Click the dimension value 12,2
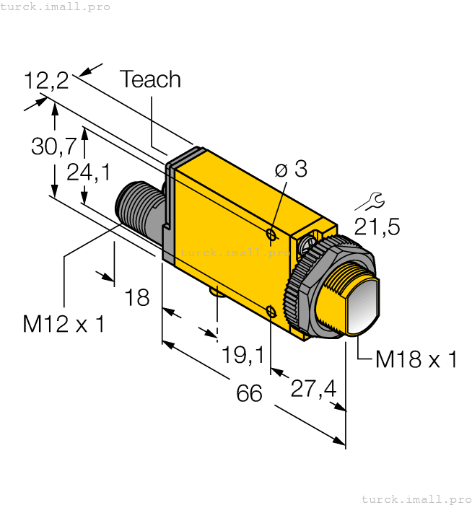click(45, 80)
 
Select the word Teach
click(150, 79)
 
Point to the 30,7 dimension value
click(53, 146)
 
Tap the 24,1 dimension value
click(88, 172)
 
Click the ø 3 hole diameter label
click(291, 170)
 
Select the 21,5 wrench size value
click(376, 227)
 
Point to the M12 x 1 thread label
click(64, 324)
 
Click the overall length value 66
click(249, 394)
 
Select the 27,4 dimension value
click(313, 389)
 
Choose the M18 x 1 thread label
click(416, 359)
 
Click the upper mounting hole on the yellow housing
click(271, 234)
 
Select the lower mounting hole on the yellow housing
click(270, 312)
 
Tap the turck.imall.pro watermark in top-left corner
click(56, 6)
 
